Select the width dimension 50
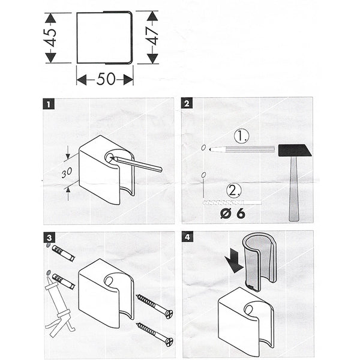tap(105, 79)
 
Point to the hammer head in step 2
tap(295, 150)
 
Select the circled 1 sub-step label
tap(241, 137)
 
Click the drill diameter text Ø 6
tap(233, 212)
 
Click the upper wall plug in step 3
tap(63, 253)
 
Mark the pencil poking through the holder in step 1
tap(138, 164)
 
